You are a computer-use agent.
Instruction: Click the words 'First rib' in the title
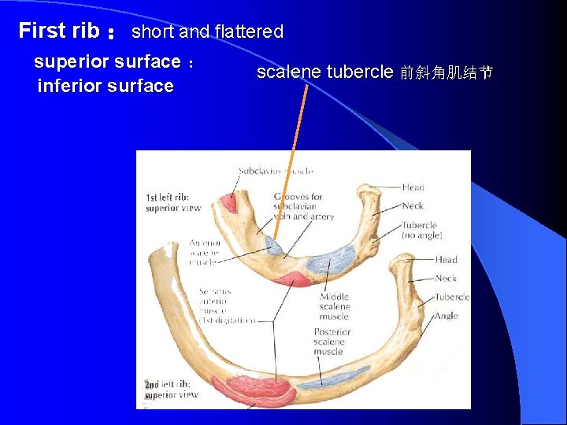(x=58, y=31)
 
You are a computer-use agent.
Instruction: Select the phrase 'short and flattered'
(x=207, y=32)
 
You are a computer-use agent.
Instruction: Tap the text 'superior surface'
(x=107, y=61)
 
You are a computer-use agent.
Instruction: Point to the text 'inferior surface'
(x=106, y=86)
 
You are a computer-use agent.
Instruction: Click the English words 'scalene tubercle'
(x=324, y=72)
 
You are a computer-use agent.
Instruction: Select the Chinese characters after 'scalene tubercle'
(x=446, y=73)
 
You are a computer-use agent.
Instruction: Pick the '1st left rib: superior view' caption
(x=173, y=202)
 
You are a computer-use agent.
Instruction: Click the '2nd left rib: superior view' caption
(x=171, y=390)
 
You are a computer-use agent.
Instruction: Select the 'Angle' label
(x=446, y=316)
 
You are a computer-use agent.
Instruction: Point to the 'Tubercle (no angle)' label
(x=419, y=230)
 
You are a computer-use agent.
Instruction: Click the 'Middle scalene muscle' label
(x=334, y=306)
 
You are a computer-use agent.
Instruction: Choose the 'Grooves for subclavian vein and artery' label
(x=303, y=206)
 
